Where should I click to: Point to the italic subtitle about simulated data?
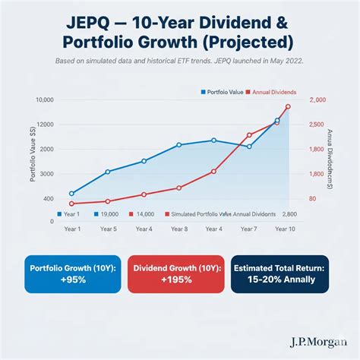[180, 62]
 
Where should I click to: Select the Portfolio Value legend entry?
[224, 91]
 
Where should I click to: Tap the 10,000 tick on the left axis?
[44, 100]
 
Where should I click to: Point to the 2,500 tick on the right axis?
[317, 124]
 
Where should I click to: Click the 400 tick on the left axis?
[48, 199]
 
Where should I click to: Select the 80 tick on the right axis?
[311, 199]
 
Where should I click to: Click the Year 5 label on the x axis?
[108, 229]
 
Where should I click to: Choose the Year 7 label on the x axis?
[249, 229]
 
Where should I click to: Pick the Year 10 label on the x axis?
[286, 229]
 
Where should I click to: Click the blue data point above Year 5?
[108, 172]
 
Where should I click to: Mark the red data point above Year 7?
[249, 136]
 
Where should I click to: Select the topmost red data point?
[288, 107]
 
